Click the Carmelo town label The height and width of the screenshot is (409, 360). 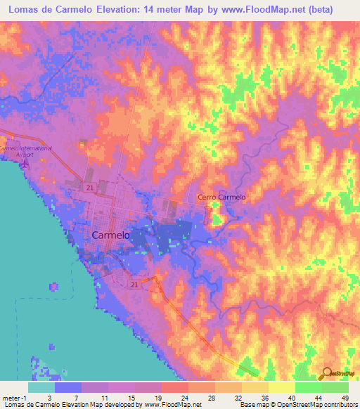pyautogui.click(x=111, y=236)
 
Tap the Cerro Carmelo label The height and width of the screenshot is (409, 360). pyautogui.click(x=221, y=197)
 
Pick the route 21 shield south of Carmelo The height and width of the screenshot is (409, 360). pyautogui.click(x=134, y=283)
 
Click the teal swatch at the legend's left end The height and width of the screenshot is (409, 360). pyautogui.click(x=41, y=387)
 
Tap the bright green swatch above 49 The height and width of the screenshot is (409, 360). pyautogui.click(x=335, y=387)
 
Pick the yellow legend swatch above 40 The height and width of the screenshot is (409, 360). pyautogui.click(x=281, y=387)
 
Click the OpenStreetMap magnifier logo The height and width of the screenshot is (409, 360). pyautogui.click(x=326, y=373)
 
